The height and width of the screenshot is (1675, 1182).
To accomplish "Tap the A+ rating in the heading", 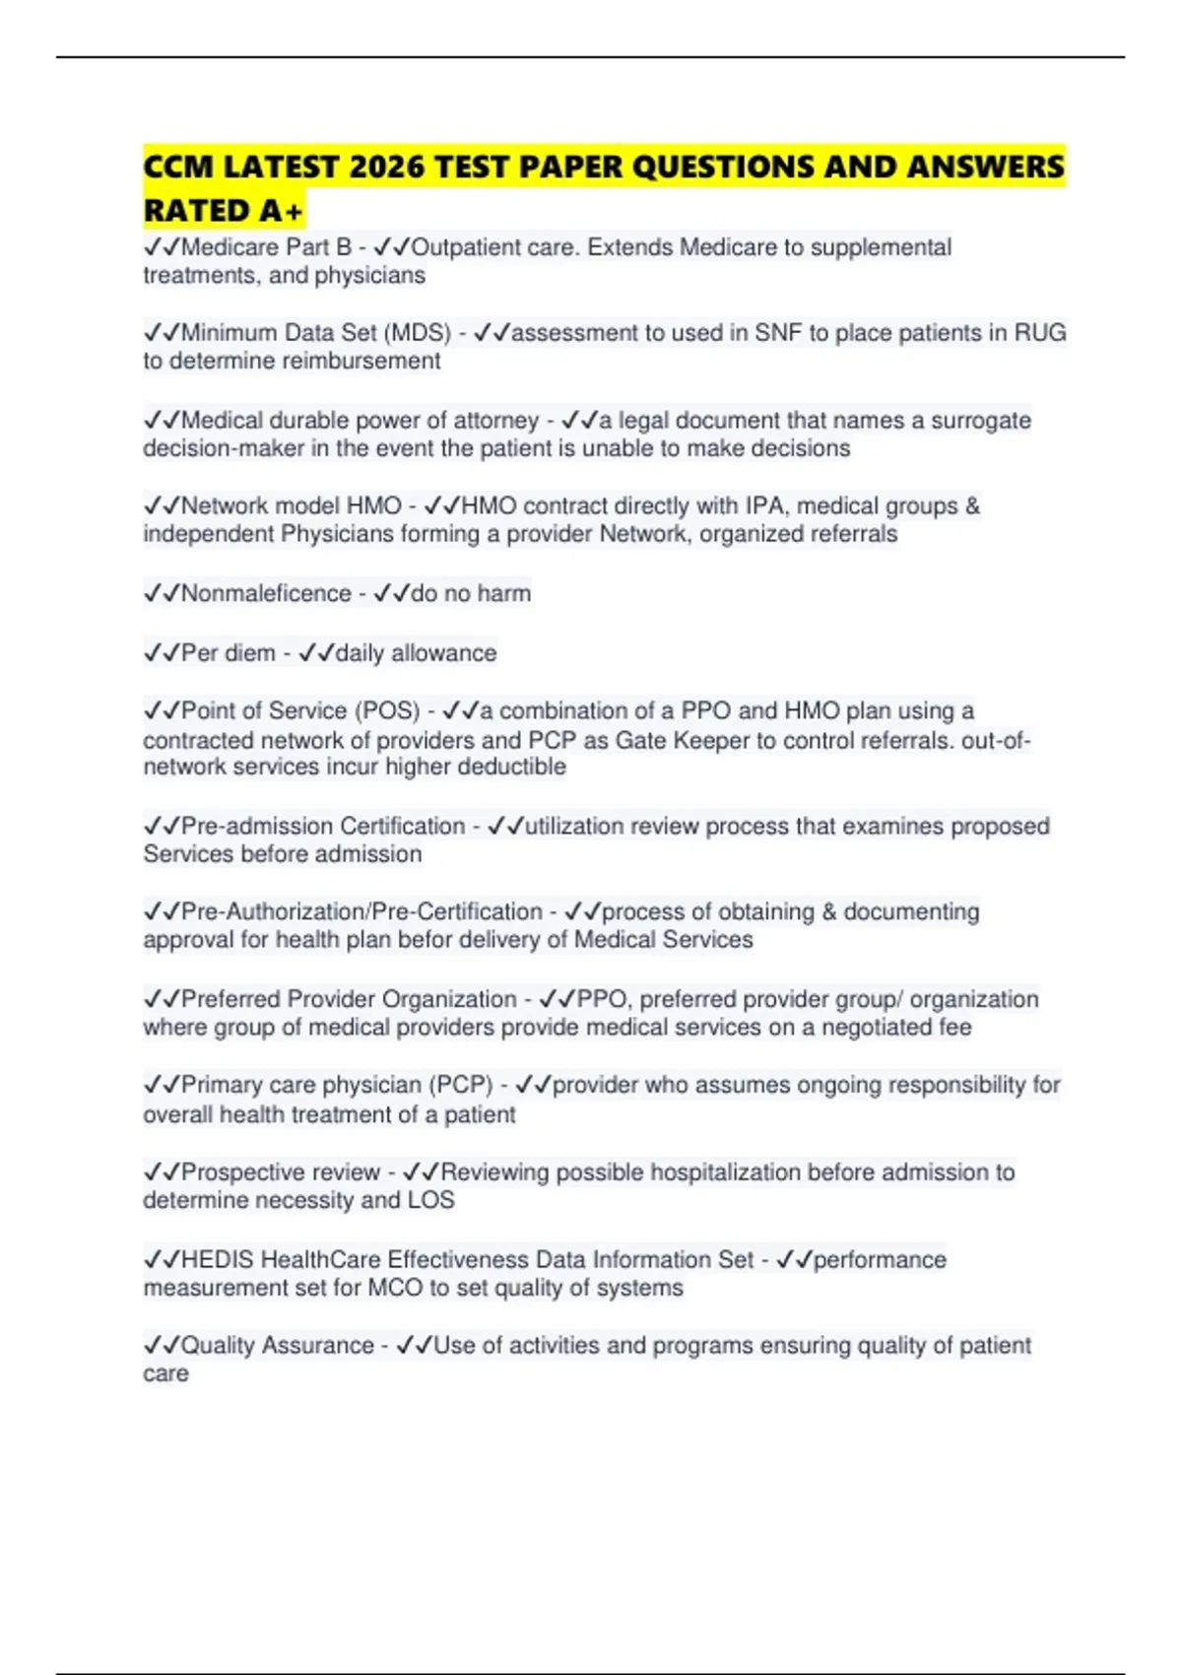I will pos(282,211).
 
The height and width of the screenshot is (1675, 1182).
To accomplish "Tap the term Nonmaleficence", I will pos(266,593).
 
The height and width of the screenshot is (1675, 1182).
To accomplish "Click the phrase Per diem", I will pos(229,653).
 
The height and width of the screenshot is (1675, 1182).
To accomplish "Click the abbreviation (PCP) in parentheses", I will pos(460,1085).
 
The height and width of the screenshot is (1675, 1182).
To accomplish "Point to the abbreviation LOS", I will pos(430,1200).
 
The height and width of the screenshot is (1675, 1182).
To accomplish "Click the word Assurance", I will pos(318,1346).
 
